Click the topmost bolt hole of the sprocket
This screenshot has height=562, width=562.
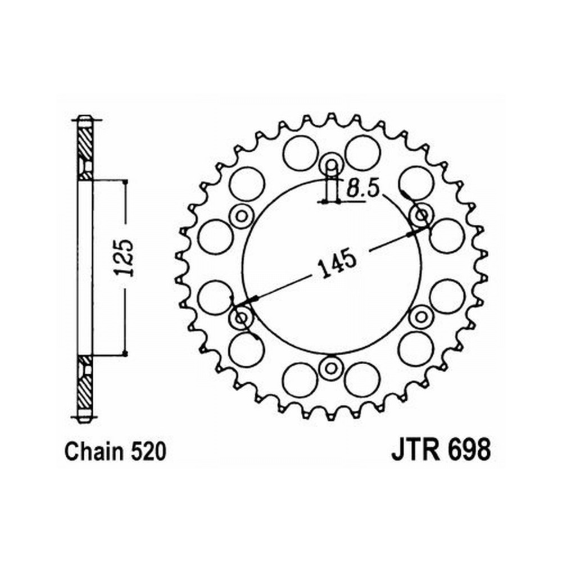(x=332, y=165)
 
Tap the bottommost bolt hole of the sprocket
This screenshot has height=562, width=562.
(x=331, y=368)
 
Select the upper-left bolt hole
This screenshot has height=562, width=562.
(x=242, y=216)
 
